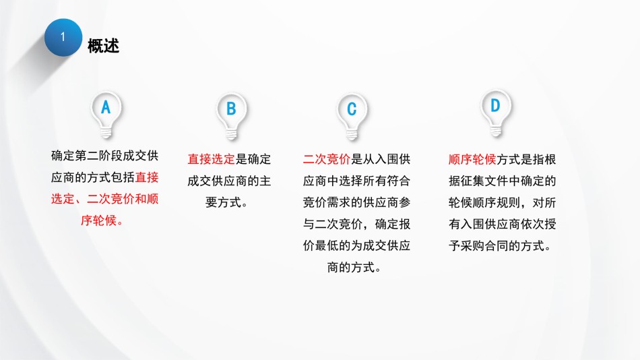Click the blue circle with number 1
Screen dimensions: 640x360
[63, 37]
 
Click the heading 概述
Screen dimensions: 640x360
[103, 46]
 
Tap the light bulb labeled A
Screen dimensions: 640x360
[106, 115]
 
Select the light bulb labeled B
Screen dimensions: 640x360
[232, 117]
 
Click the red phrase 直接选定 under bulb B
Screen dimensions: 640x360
[212, 159]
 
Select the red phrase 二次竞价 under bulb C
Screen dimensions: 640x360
[327, 159]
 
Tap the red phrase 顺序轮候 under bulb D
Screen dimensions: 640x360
[472, 159]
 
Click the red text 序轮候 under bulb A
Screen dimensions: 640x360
[98, 220]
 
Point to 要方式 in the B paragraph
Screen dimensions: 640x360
[223, 202]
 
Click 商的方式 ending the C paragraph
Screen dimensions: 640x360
[351, 267]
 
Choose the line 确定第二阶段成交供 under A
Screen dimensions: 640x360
[104, 156]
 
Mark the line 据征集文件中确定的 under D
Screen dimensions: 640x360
[502, 181]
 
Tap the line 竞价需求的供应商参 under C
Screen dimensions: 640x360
[356, 202]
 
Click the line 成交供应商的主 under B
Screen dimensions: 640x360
[229, 181]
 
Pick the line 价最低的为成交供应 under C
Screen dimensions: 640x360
[356, 245]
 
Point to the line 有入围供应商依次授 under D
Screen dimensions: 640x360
[502, 224]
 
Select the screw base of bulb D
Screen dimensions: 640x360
[496, 131]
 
